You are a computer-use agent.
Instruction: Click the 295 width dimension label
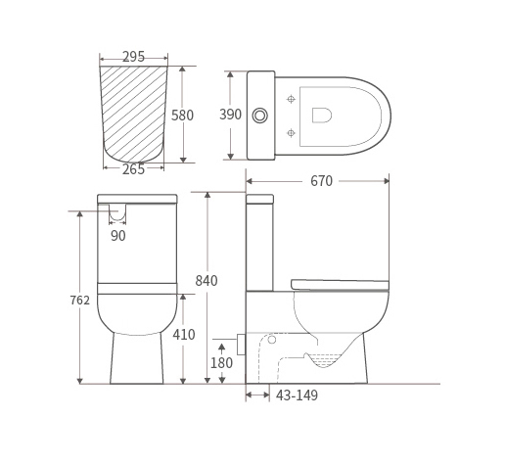[134, 57]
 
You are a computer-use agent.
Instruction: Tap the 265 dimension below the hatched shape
[134, 169]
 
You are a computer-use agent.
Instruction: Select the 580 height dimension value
[183, 115]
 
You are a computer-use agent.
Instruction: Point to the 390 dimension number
[230, 115]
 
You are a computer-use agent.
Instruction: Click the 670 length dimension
[321, 181]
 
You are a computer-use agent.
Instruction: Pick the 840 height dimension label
[207, 281]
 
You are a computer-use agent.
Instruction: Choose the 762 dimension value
[79, 300]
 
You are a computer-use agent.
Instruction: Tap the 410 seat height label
[184, 335]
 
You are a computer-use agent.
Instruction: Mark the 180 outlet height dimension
[222, 363]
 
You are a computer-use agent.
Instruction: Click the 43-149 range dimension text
[297, 395]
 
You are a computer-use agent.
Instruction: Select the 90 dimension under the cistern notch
[117, 236]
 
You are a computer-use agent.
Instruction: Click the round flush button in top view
[260, 116]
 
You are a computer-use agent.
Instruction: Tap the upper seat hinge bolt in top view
[291, 99]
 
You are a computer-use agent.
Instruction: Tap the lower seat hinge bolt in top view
[291, 132]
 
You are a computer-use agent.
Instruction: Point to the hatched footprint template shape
[134, 110]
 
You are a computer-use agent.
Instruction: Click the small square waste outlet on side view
[241, 345]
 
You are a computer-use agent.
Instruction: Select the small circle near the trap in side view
[272, 340]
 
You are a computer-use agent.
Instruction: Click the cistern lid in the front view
[137, 199]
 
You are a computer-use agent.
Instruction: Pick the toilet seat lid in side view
[340, 285]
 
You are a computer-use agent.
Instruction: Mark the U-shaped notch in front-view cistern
[117, 213]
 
